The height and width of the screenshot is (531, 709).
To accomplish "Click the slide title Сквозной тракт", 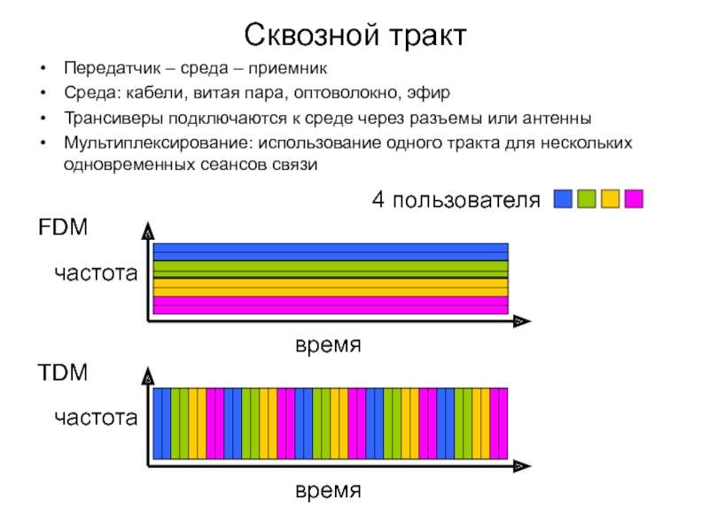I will click(x=354, y=36).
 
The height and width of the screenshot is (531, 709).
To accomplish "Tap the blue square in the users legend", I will click(x=563, y=199).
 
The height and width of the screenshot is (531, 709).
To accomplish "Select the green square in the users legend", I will click(x=586, y=199).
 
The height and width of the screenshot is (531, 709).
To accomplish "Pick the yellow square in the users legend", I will click(x=610, y=199).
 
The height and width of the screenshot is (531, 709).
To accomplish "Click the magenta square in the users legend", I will click(x=633, y=199).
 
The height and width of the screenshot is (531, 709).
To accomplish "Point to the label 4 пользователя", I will click(x=455, y=200).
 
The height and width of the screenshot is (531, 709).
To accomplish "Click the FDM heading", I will click(x=62, y=228).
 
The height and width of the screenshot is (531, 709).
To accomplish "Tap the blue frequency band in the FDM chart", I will click(x=331, y=252).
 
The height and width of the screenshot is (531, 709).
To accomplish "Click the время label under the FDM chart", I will click(x=328, y=343).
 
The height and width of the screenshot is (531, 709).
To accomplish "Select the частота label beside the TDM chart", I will click(x=96, y=417).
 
